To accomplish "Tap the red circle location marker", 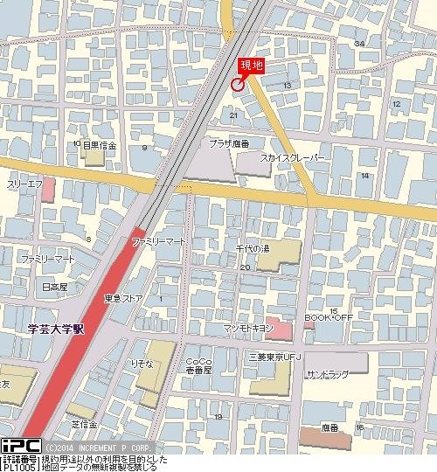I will tap(237, 84).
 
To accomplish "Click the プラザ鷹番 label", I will tap(229, 142).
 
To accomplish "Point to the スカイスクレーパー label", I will tap(293, 158).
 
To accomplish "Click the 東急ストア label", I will tap(123, 298).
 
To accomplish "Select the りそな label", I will tap(142, 362).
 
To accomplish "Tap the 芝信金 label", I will tap(84, 423).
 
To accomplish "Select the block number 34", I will tap(359, 43).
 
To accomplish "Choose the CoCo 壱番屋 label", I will tap(198, 365).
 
